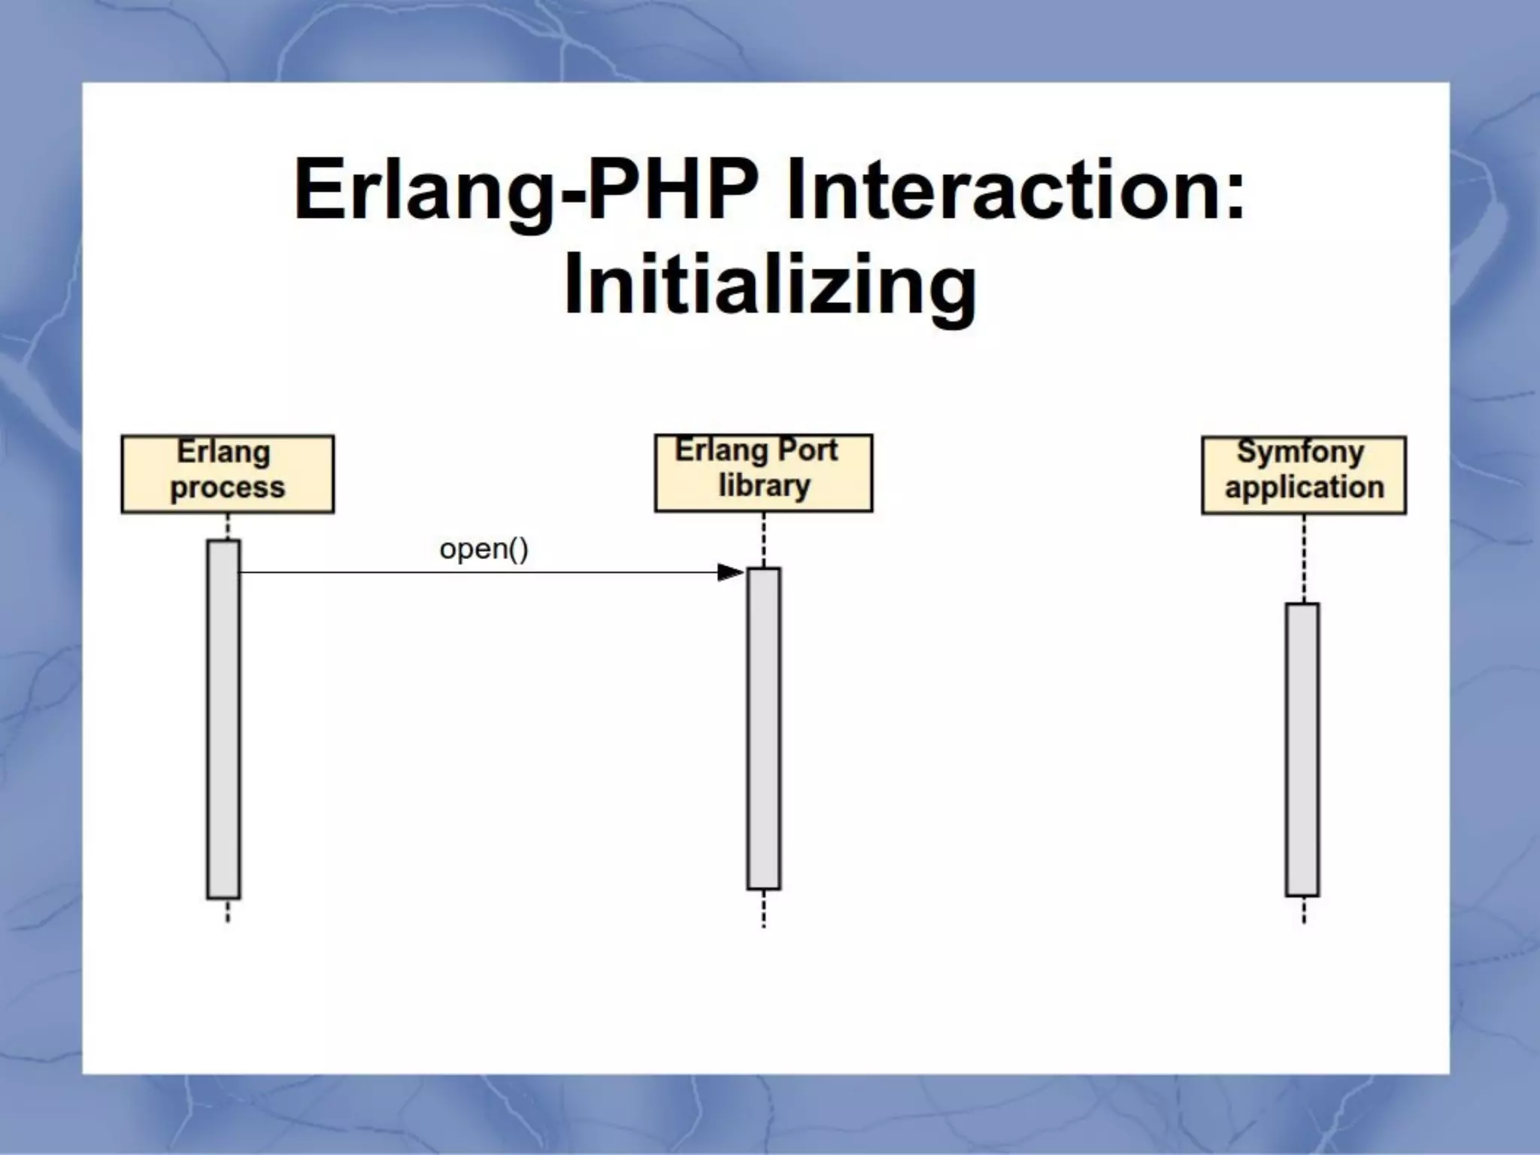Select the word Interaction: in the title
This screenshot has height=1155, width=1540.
pos(1015,189)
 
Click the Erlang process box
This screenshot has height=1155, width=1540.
pos(227,474)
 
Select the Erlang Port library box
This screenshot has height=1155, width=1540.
pos(763,473)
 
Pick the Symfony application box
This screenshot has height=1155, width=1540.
pos(1303,474)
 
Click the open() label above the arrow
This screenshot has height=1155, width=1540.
pos(484,549)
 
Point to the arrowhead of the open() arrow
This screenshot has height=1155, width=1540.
pos(730,572)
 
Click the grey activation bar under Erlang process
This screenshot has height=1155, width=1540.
pos(223,718)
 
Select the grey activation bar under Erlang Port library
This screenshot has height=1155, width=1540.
pos(763,728)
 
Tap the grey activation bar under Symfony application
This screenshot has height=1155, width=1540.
pos(1302,749)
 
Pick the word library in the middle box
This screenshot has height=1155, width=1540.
pos(764,487)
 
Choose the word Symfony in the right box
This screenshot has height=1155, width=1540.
pos(1300,453)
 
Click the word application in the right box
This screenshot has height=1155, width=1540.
pos(1304,488)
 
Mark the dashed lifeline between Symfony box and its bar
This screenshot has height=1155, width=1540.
pos(1303,558)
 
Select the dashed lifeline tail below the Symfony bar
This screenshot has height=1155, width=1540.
pos(1303,909)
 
